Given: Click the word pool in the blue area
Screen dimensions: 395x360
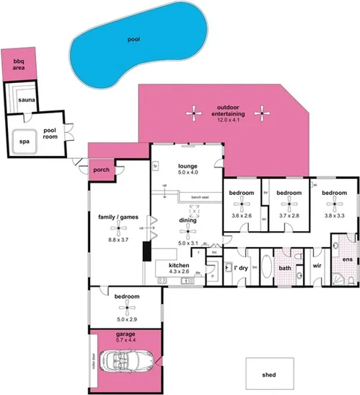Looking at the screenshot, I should [x=132, y=40].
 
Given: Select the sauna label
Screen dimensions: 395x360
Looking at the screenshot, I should [x=27, y=100].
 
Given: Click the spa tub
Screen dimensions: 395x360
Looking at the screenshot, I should [x=24, y=142].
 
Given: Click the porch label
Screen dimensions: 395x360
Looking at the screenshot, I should [x=101, y=170].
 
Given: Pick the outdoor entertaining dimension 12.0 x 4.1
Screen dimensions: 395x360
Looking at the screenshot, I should [x=227, y=121].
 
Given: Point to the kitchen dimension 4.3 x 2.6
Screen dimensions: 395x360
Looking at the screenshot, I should [x=178, y=272].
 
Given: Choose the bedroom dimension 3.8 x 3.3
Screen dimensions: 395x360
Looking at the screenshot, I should [x=334, y=215].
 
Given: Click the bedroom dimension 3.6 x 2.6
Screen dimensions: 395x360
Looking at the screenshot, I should [x=242, y=215].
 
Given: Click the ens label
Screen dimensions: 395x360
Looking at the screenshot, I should [x=347, y=259].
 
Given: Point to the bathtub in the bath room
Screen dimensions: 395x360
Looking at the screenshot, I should [x=264, y=267].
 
